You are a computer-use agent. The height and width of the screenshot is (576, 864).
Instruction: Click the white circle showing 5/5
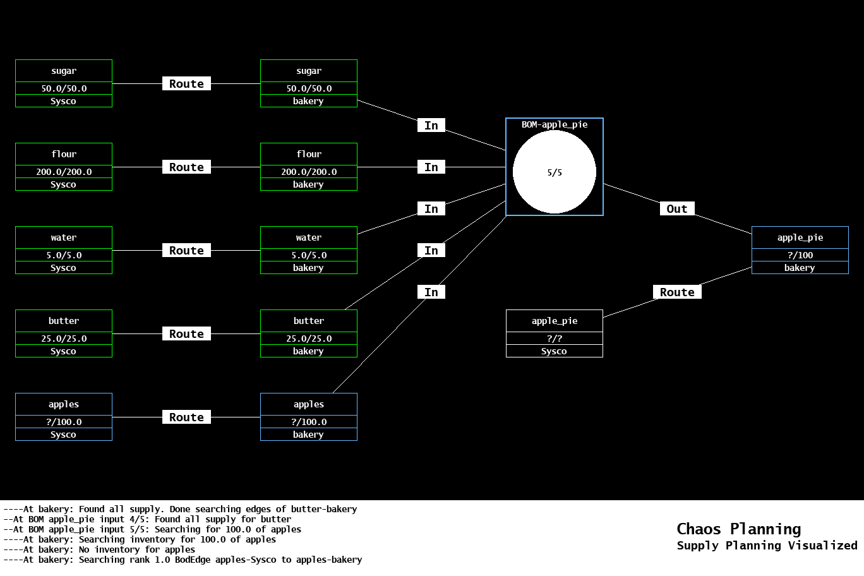pyautogui.click(x=554, y=172)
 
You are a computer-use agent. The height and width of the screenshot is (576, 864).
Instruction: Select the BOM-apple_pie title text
pyautogui.click(x=554, y=124)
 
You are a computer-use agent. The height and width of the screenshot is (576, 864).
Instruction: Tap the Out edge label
pyautogui.click(x=676, y=209)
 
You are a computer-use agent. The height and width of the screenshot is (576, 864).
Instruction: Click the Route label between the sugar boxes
pyautogui.click(x=186, y=84)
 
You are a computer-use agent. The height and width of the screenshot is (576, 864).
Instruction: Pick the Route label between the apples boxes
pyautogui.click(x=186, y=417)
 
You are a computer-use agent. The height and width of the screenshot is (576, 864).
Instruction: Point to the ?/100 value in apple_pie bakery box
pyautogui.click(x=800, y=255)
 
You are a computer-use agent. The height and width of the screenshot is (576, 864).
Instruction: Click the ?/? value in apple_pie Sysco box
pyautogui.click(x=554, y=339)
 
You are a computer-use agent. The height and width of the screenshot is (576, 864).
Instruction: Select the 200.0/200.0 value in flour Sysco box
pyautogui.click(x=64, y=172)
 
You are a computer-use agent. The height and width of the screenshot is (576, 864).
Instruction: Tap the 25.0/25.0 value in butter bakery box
pyautogui.click(x=308, y=339)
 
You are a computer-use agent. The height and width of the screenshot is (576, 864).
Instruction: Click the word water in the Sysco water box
pyautogui.click(x=64, y=237)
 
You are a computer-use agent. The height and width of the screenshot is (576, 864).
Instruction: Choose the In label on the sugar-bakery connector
pyautogui.click(x=431, y=126)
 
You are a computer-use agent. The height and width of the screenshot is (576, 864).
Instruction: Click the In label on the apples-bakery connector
pyautogui.click(x=431, y=292)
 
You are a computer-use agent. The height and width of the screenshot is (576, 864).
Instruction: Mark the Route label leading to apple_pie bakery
pyautogui.click(x=676, y=292)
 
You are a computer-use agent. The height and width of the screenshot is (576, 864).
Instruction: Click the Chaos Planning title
pyautogui.click(x=738, y=529)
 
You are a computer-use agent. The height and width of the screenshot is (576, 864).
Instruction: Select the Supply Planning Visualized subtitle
pyautogui.click(x=767, y=546)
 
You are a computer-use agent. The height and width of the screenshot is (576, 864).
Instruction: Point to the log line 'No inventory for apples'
pyautogui.click(x=99, y=549)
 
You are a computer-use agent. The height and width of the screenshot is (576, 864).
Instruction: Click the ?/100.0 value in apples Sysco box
pyautogui.click(x=64, y=422)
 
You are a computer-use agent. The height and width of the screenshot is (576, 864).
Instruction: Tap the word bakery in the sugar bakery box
pyautogui.click(x=308, y=101)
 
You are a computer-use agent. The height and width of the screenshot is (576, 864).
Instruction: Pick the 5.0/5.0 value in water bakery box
pyautogui.click(x=308, y=255)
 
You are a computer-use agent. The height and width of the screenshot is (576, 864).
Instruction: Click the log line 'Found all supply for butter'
pyautogui.click(x=147, y=519)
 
